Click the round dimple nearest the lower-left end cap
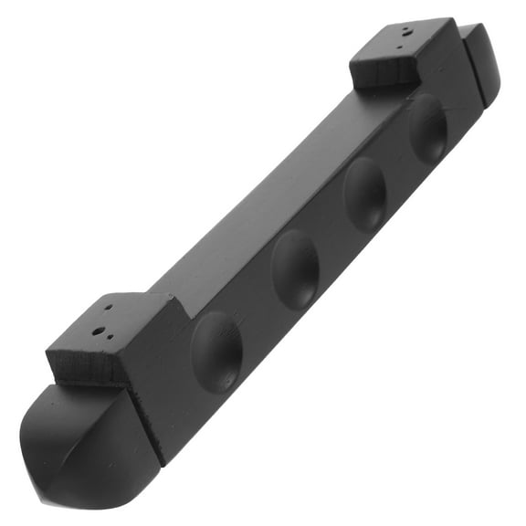coord(217,352)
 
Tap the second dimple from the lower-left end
coord(295,268)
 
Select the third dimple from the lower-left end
coord(364,195)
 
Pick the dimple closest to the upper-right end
coord(426,128)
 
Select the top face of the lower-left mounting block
coord(110,324)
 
